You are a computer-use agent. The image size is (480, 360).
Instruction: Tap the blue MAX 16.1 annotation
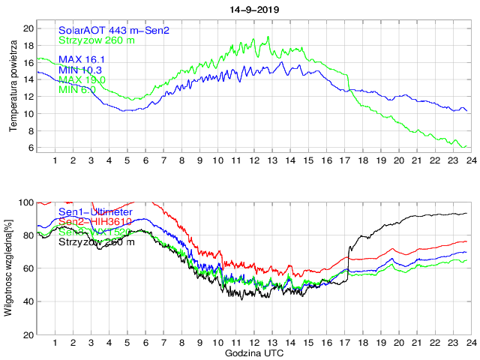point(82,59)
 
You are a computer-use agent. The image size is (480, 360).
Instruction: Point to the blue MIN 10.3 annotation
point(81,69)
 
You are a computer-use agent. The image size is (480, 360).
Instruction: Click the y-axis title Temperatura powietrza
point(13,87)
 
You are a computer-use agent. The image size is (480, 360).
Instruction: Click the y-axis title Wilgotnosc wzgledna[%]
point(8,267)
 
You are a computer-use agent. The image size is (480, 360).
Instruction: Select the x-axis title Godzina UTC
point(253,352)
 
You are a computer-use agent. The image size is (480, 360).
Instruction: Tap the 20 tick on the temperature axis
point(28,28)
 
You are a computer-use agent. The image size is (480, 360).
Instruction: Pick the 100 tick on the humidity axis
point(26,202)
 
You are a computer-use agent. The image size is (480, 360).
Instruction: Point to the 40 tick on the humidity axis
point(28,301)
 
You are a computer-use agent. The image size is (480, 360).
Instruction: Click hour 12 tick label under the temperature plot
point(253,160)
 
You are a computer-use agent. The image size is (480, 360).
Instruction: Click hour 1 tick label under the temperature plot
point(55,160)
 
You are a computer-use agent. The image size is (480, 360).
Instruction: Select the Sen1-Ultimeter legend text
point(95,213)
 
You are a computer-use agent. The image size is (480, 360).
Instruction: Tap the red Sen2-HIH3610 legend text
point(96,223)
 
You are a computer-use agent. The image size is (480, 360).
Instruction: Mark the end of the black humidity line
point(466,214)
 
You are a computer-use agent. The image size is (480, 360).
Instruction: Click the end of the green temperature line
point(466,146)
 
